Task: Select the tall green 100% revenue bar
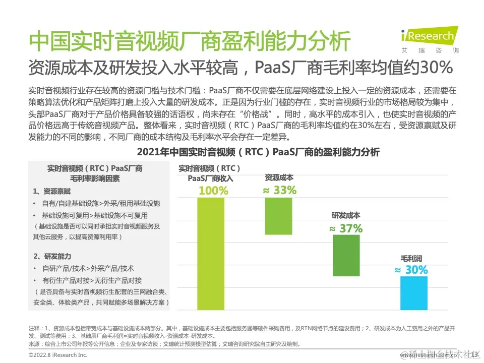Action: coord(211,253)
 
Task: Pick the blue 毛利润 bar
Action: coord(413,292)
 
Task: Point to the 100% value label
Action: coord(213,191)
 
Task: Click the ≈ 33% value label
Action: coord(279,190)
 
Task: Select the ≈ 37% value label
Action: coord(346,228)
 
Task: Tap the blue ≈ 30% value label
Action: coord(411,270)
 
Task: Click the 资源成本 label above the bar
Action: coord(279,177)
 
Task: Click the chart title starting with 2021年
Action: coord(258,152)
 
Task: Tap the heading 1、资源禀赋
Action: coord(52,192)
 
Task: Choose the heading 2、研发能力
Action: coord(52,256)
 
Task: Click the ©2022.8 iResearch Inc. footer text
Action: coord(58,355)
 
